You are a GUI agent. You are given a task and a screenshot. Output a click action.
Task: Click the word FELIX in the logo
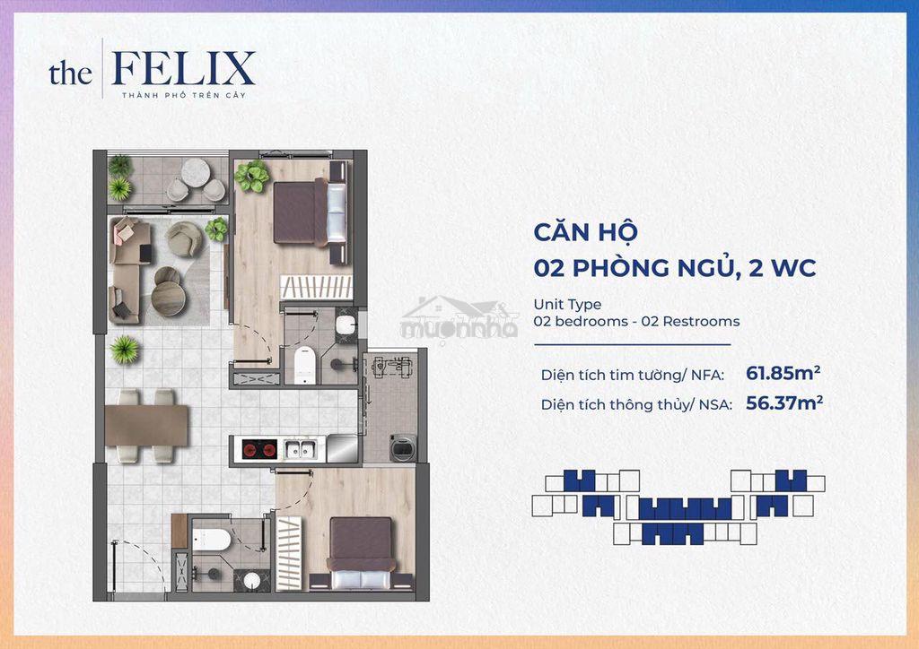click(183, 68)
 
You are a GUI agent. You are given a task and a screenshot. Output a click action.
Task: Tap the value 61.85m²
click(783, 373)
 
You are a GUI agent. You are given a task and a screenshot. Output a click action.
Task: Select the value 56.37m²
click(784, 402)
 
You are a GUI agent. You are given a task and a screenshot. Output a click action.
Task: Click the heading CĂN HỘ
click(585, 231)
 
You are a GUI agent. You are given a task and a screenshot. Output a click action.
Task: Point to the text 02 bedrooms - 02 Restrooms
click(636, 321)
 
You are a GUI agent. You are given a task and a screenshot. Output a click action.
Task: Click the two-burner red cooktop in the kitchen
click(258, 449)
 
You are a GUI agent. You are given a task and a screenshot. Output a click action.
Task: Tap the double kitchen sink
click(301, 449)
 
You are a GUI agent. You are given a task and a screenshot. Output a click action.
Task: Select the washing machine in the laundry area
click(403, 448)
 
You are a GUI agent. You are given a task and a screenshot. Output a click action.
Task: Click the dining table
click(146, 426)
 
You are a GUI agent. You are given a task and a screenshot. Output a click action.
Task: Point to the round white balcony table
click(196, 172)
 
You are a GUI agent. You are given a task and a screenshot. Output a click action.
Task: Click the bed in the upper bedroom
click(311, 212)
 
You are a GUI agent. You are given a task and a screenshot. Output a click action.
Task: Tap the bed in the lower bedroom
click(361, 552)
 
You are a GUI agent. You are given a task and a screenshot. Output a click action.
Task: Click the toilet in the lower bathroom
click(212, 540)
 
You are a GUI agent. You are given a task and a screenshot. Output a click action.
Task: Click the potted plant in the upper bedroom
click(252, 177)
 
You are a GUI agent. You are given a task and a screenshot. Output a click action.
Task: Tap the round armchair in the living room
click(184, 238)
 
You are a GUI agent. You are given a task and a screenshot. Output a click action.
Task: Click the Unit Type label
click(567, 304)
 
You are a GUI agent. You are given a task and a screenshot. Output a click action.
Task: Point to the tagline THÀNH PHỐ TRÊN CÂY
click(184, 95)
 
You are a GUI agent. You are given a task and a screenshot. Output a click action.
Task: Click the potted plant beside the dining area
click(125, 350)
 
